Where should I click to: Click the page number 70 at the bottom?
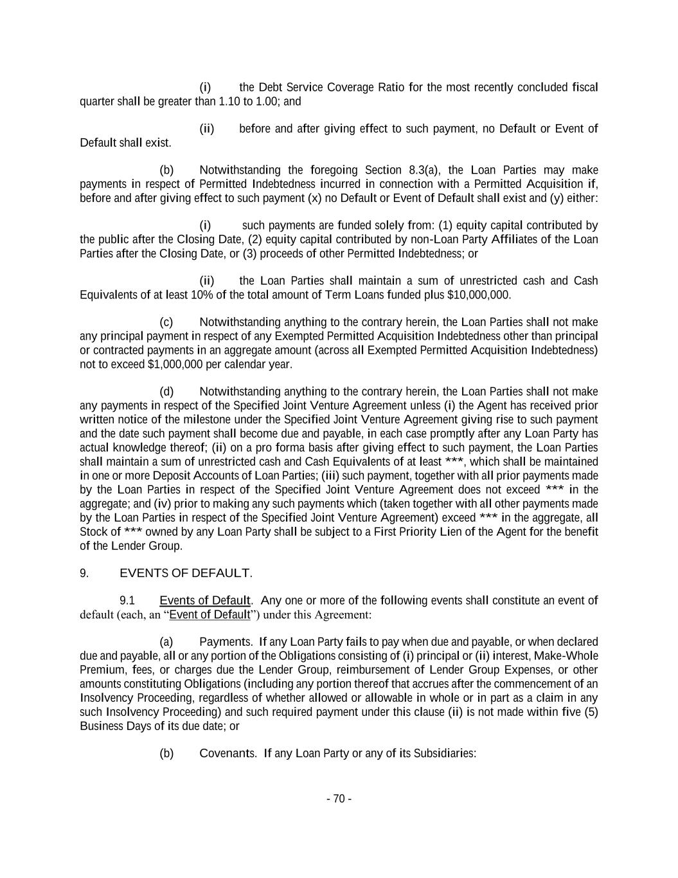coord(339,799)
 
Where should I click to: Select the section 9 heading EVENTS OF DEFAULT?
coord(186,573)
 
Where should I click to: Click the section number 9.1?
coord(127,601)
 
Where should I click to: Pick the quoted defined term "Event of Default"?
coord(209,615)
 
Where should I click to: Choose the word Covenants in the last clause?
coord(228,753)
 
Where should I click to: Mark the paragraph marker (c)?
coord(166,322)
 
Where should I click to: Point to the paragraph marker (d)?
coord(166,392)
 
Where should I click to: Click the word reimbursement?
coord(375,670)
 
